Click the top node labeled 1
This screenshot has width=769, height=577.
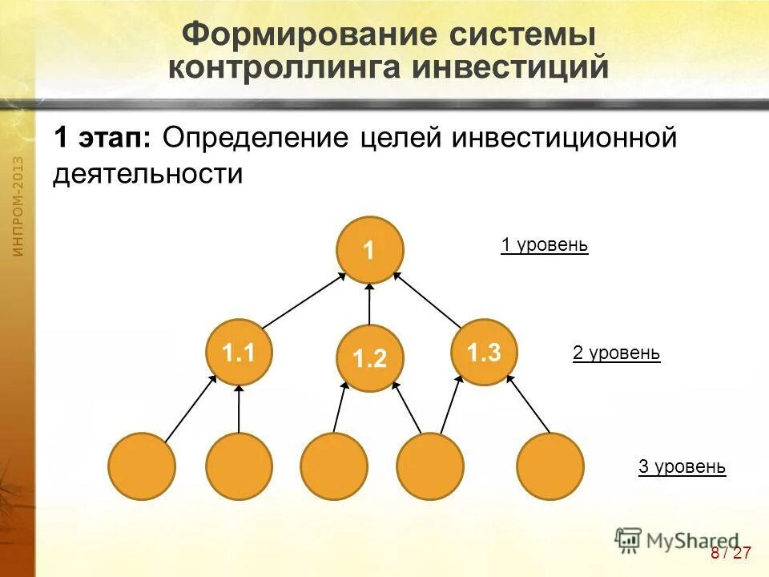369,250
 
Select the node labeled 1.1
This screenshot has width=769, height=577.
239,352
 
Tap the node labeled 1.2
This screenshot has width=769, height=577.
369,359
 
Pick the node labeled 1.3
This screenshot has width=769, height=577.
484,352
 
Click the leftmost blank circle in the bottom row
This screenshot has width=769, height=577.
142,466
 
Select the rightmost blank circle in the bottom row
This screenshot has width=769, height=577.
550,466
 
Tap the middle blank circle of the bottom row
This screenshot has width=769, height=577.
334,466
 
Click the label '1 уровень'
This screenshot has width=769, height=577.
545,245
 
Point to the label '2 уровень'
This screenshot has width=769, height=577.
616,353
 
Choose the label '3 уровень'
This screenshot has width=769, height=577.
682,466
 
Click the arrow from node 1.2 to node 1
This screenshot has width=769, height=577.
369,304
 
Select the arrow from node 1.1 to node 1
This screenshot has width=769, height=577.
304,301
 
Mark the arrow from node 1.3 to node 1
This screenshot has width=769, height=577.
428,301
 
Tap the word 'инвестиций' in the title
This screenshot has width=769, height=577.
511,67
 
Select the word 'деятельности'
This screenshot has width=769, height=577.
147,174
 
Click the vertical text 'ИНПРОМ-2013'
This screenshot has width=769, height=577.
18,207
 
